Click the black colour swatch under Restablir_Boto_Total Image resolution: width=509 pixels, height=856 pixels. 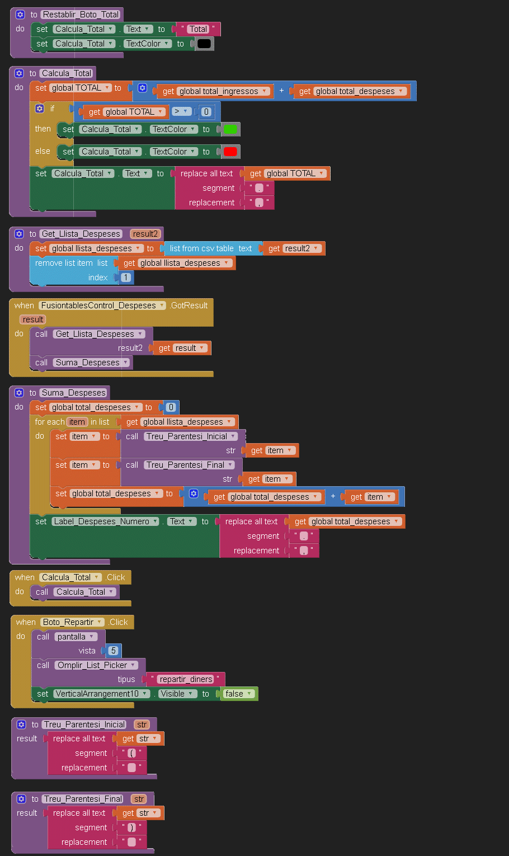(204, 44)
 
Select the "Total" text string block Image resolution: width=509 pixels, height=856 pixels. (198, 29)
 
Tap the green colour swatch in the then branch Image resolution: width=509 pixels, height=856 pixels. (230, 129)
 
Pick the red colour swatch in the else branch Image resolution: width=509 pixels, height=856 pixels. (230, 152)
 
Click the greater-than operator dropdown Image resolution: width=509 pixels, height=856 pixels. (182, 112)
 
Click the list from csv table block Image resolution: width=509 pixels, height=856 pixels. (210, 248)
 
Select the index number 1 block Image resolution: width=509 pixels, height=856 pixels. (126, 278)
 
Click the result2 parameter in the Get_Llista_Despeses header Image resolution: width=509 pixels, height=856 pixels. (145, 234)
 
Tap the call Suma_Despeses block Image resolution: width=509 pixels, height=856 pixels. (81, 363)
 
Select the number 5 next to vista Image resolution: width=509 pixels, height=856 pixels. (114, 651)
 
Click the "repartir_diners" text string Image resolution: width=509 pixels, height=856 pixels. (186, 679)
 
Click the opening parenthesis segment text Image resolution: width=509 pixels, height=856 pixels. (132, 753)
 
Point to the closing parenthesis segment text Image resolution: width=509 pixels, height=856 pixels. (132, 827)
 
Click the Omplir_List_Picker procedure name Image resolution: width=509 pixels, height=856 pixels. (96, 665)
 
